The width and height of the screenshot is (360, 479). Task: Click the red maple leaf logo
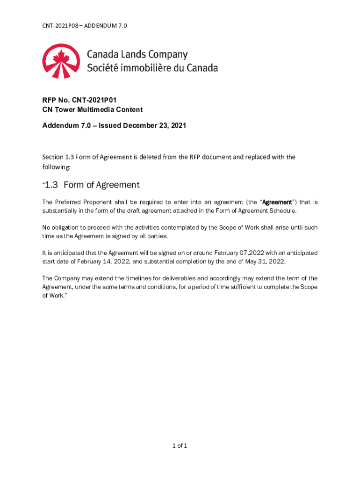click(60, 61)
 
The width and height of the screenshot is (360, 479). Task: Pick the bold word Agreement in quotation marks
click(277, 202)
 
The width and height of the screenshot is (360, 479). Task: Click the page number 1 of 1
click(180, 446)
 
